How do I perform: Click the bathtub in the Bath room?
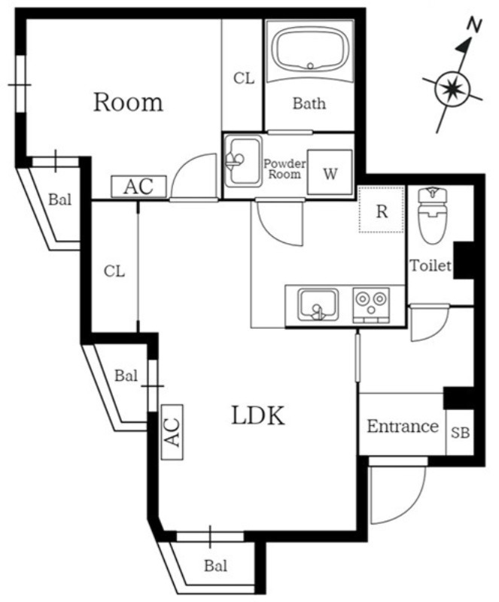pos(310,50)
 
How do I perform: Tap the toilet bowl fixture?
pos(433,215)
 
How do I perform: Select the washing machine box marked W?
pos(330,172)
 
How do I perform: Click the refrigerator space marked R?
pos(382,209)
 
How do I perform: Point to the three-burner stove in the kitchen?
pos(371,306)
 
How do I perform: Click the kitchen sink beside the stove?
pos(318,306)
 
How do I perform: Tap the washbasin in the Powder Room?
pos(243,161)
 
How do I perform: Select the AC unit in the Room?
pos(138,187)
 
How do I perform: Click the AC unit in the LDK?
pos(172,432)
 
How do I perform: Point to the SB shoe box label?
pos(460,433)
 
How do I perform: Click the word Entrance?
pos(402,426)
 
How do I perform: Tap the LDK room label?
pos(258,415)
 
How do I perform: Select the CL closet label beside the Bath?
pos(244,78)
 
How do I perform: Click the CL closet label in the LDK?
pos(114,272)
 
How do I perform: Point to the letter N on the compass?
pos(474,25)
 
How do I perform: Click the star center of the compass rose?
pos(452,90)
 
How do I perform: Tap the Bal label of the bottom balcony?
pos(215,566)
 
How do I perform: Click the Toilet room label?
pos(431,266)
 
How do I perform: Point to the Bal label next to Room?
pos(60,199)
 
